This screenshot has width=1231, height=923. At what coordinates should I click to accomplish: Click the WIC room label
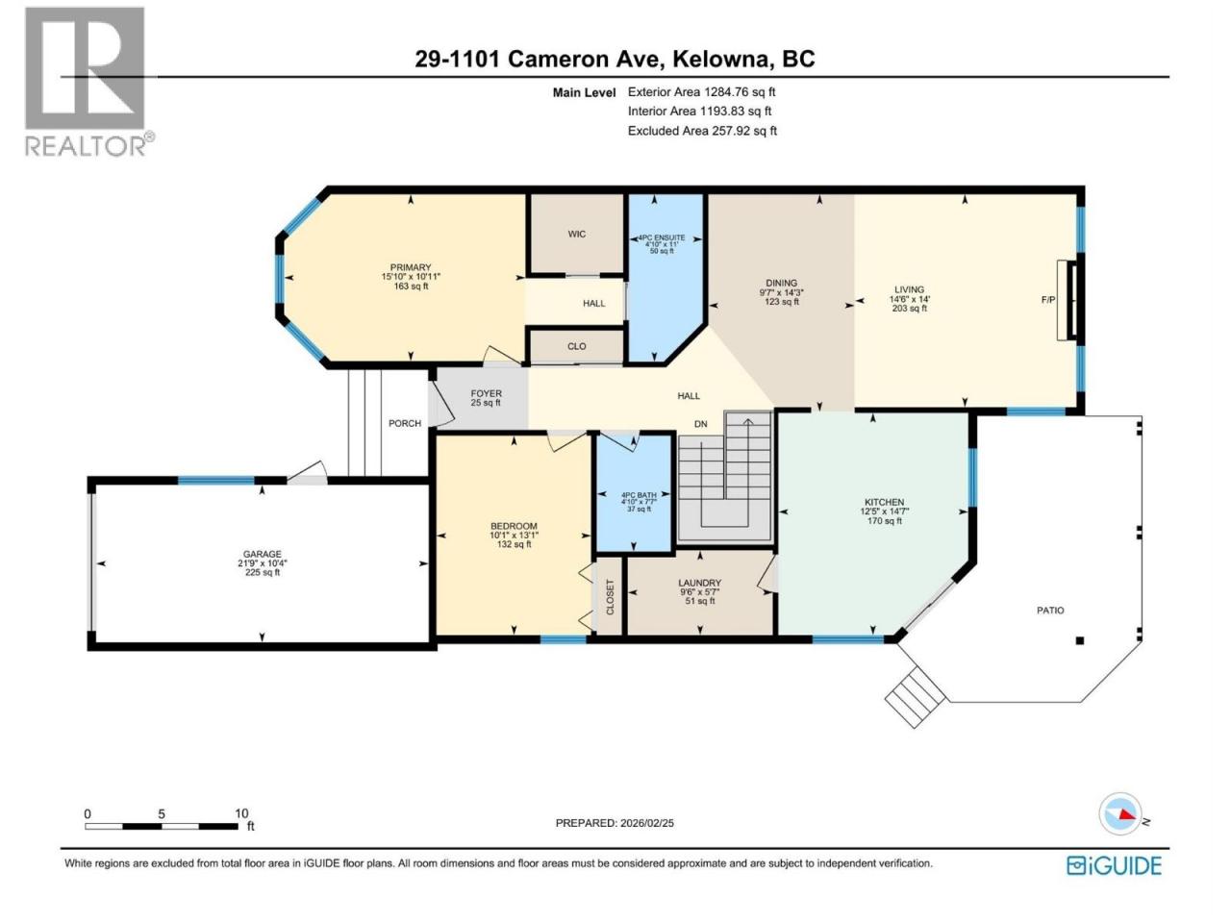click(576, 235)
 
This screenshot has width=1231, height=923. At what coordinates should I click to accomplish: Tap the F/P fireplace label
click(1048, 300)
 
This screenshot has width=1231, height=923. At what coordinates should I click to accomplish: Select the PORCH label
click(405, 423)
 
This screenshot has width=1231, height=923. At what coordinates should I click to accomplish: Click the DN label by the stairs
click(701, 424)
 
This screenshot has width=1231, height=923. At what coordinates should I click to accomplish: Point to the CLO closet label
click(576, 346)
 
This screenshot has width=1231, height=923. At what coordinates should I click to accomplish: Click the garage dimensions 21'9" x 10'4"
click(263, 563)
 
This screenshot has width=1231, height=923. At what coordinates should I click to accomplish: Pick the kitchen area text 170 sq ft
click(885, 520)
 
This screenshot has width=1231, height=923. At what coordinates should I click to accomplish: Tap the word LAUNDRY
click(700, 583)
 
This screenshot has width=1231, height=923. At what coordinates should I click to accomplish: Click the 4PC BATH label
click(639, 495)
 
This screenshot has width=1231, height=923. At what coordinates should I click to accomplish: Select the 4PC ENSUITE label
click(662, 237)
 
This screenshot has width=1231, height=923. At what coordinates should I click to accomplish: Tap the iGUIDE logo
click(1114, 865)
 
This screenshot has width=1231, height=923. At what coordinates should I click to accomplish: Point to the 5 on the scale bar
click(162, 813)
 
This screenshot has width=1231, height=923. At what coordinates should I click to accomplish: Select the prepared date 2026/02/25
click(646, 823)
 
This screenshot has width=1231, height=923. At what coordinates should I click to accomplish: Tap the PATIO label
click(1050, 611)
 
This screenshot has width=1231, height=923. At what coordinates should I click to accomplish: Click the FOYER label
click(487, 394)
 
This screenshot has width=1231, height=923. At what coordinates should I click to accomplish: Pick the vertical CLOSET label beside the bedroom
click(610, 597)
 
